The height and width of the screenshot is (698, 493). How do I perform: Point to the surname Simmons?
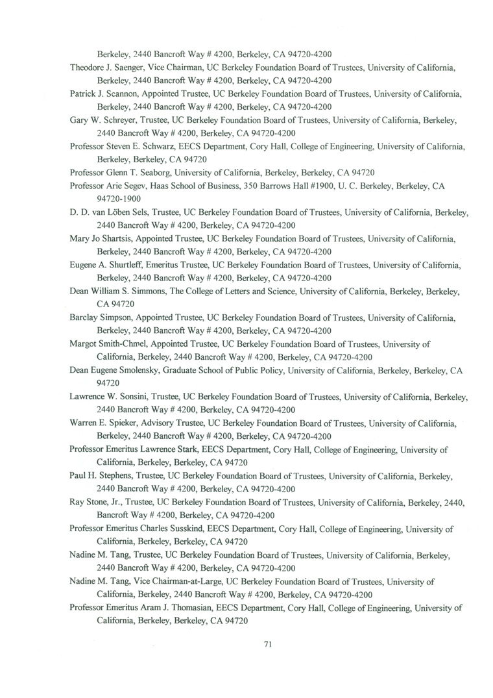click(x=148, y=291)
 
